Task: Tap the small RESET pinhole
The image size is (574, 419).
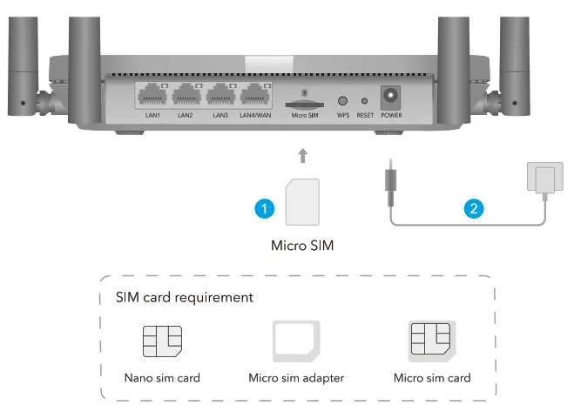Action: [365, 101]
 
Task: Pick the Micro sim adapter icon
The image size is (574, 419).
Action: [297, 341]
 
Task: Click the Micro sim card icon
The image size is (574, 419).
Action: [432, 341]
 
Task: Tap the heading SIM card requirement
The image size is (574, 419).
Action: [185, 297]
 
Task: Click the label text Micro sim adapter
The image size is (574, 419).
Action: [297, 377]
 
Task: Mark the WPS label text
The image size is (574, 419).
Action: [342, 114]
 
